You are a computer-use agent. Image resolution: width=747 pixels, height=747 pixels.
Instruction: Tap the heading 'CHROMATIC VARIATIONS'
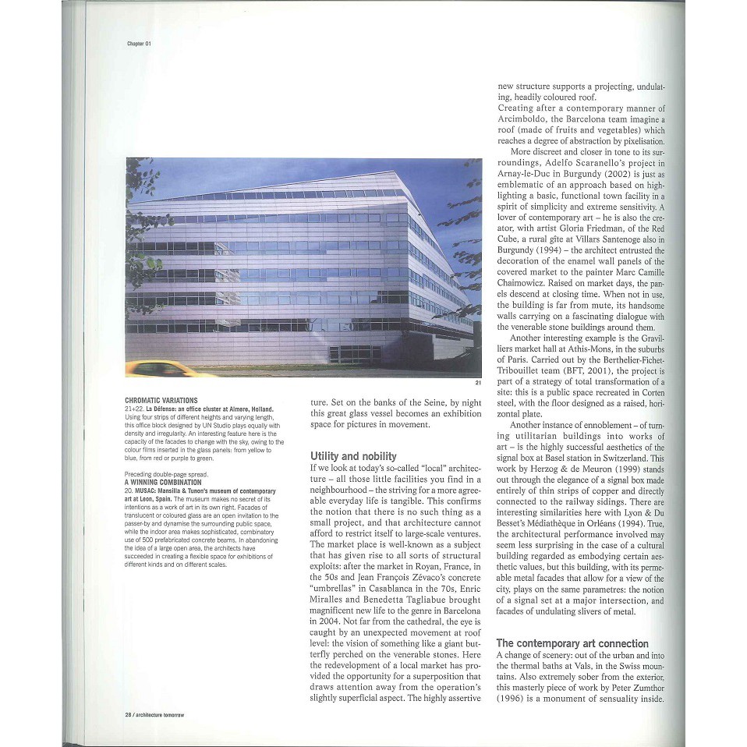click(x=161, y=400)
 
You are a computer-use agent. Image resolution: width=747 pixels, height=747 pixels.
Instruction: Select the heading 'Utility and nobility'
click(x=353, y=456)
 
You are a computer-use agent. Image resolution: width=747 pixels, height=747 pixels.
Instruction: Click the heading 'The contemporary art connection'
click(x=572, y=643)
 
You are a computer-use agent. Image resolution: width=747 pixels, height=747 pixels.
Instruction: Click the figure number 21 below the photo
click(x=477, y=383)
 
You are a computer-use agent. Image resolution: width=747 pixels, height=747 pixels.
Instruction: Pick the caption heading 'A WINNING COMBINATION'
click(x=163, y=482)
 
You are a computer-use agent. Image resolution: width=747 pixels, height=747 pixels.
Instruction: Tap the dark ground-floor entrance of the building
click(x=349, y=354)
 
